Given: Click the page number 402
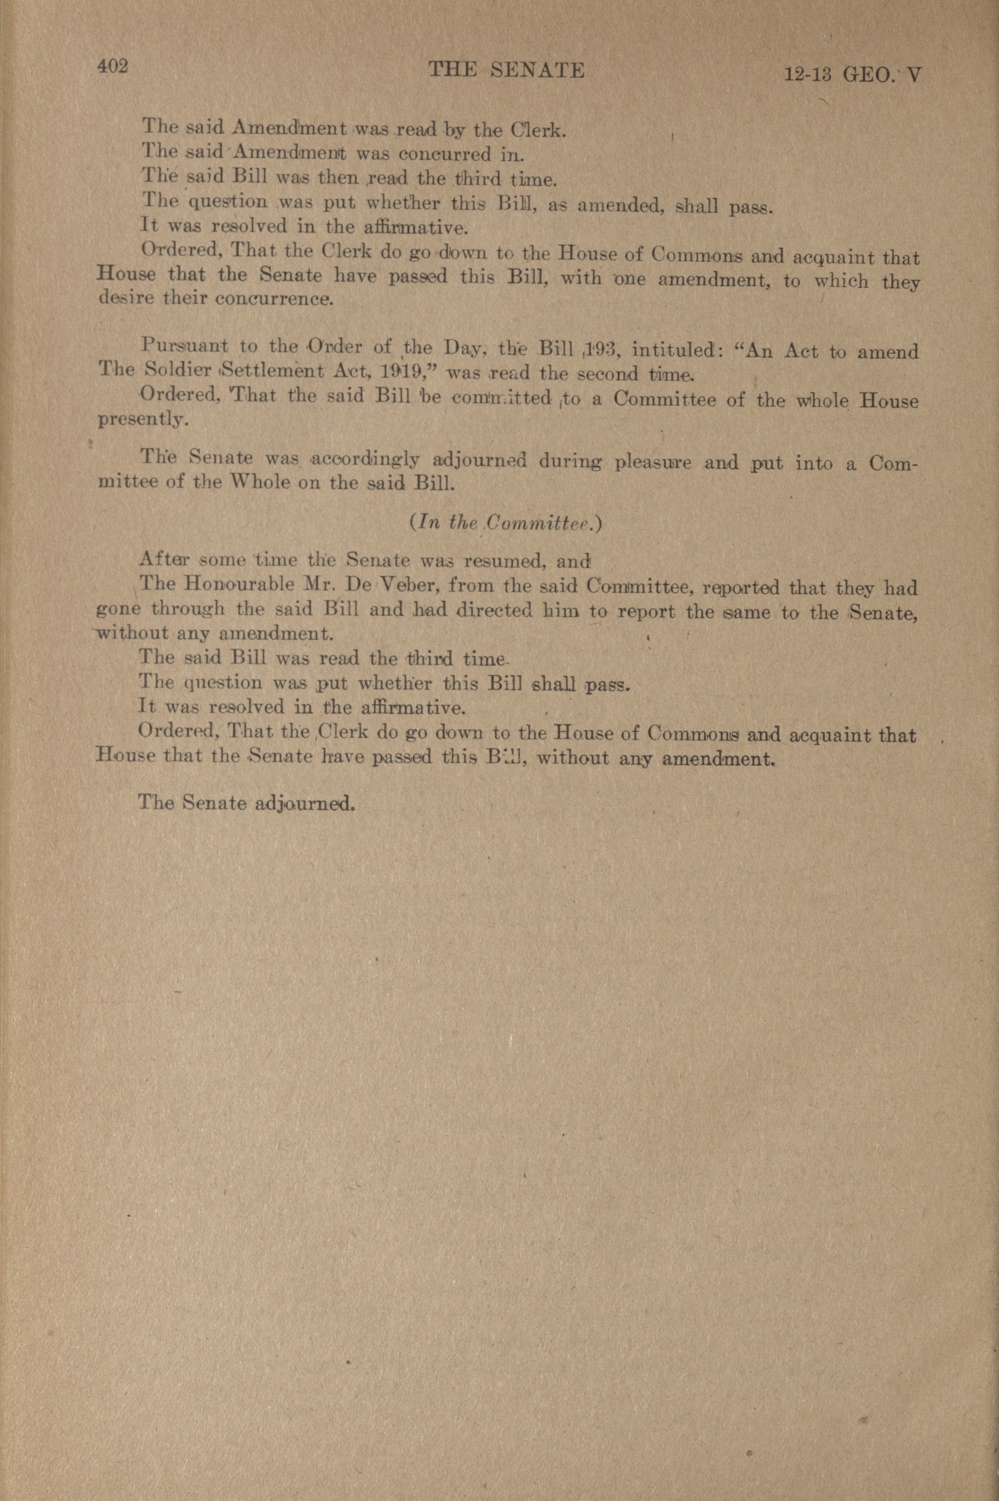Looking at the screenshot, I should (x=113, y=66).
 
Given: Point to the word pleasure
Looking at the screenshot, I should (x=652, y=462).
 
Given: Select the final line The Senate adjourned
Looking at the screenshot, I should (x=246, y=803).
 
